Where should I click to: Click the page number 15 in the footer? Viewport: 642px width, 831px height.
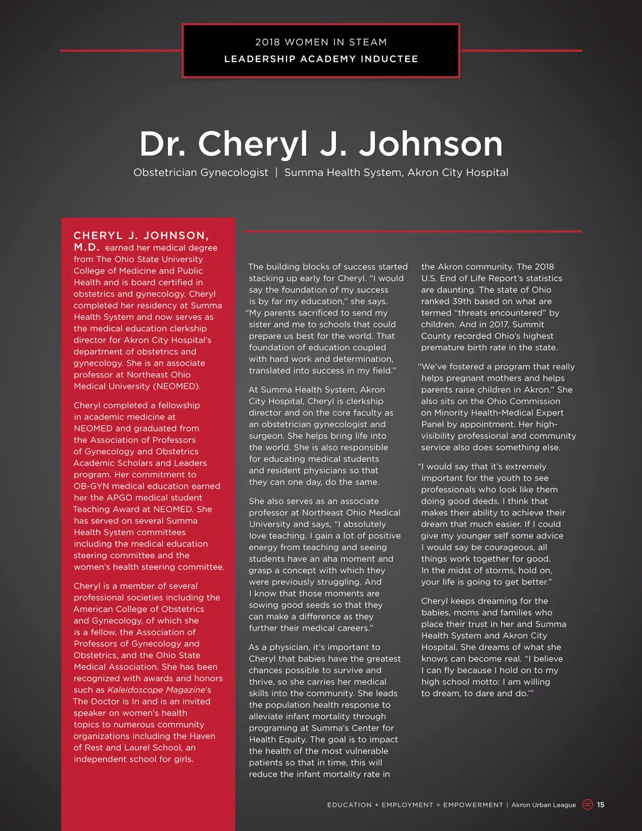(x=601, y=805)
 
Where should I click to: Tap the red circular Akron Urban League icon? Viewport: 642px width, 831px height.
(x=587, y=805)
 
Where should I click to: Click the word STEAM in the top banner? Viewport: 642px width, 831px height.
(x=368, y=42)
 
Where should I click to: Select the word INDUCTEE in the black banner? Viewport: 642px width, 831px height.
(x=389, y=59)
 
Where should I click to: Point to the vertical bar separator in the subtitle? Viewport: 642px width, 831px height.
(x=276, y=172)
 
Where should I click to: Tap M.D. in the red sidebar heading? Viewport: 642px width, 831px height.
(x=87, y=247)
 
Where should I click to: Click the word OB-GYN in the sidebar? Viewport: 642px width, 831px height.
(x=92, y=486)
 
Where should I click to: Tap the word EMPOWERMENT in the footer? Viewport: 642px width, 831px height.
(x=473, y=805)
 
